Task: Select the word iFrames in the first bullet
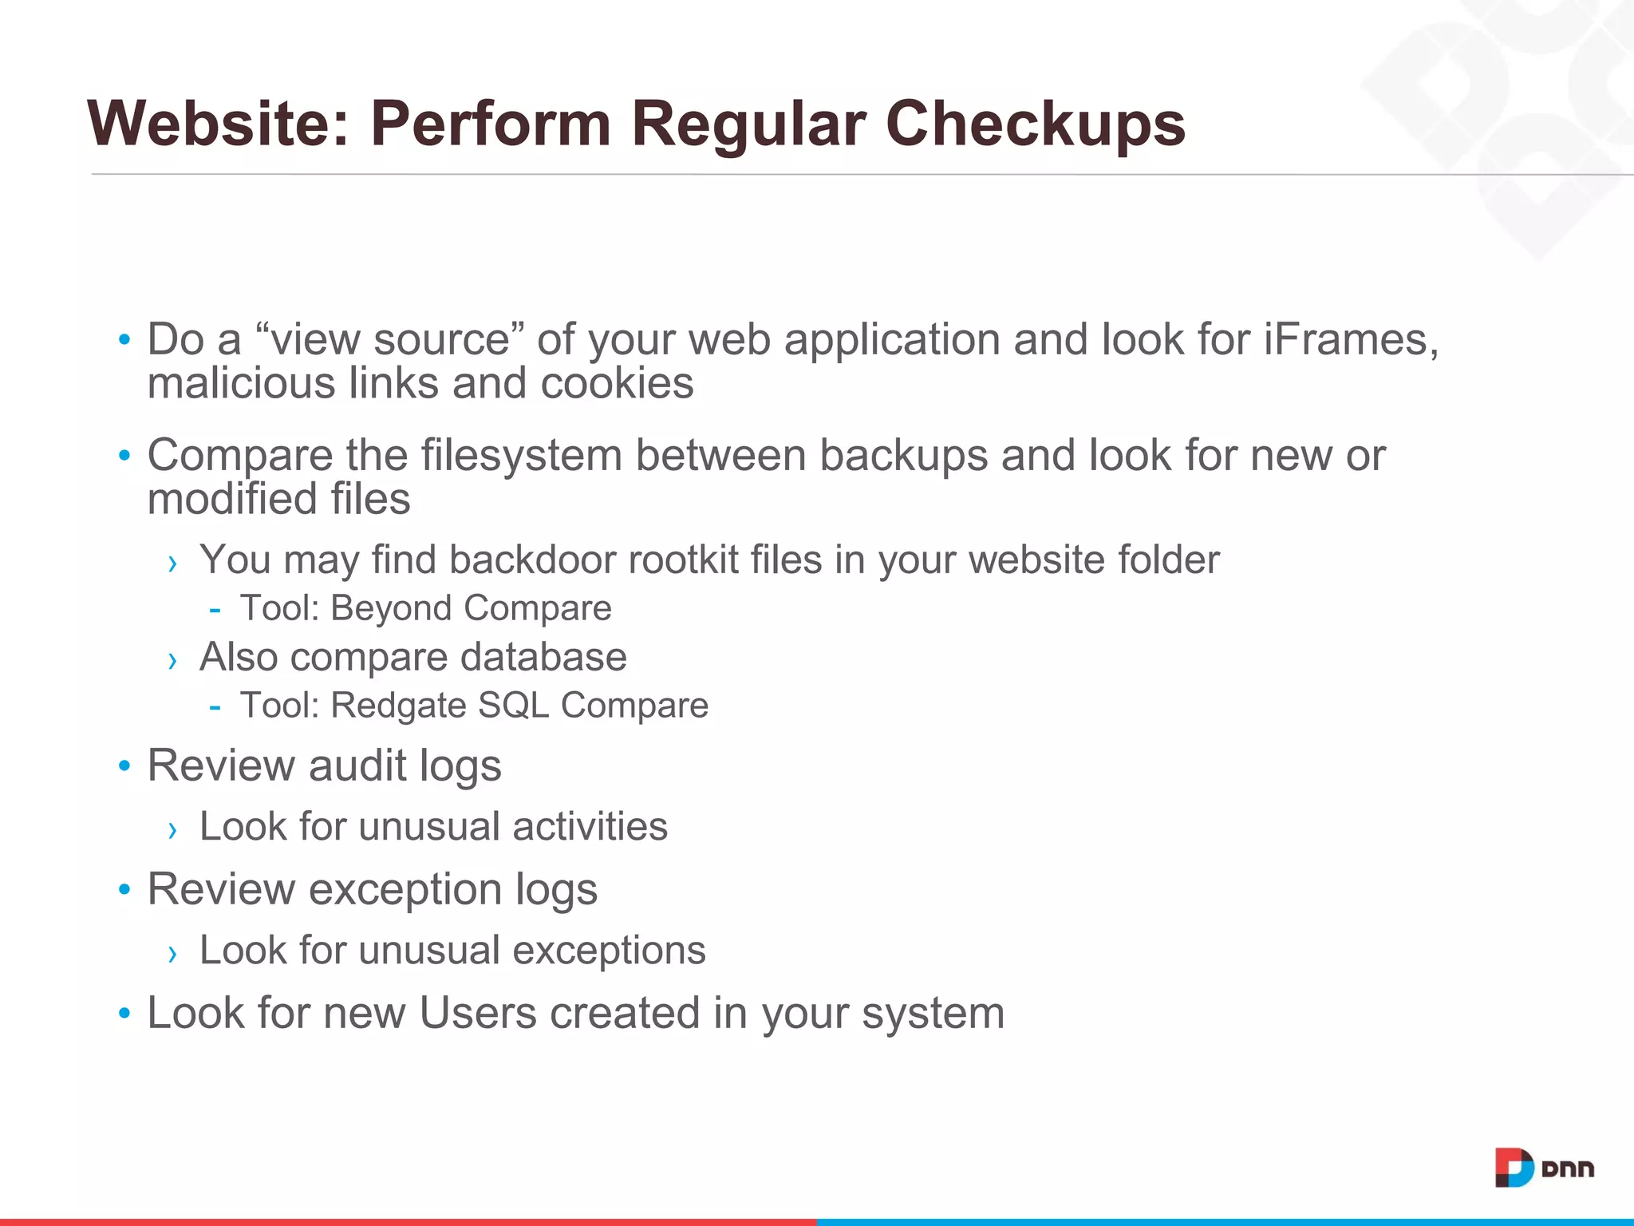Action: pos(1350,339)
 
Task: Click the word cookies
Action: pos(617,383)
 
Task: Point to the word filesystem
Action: pos(520,456)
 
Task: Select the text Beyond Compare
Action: pos(471,608)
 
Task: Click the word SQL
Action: pos(514,706)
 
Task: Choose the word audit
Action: pos(357,765)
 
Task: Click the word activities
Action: pos(590,826)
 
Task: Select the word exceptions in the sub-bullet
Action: pos(609,951)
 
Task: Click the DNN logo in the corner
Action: pos(1543,1169)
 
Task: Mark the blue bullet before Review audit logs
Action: pos(124,766)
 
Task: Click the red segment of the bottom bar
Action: pos(407,1221)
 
